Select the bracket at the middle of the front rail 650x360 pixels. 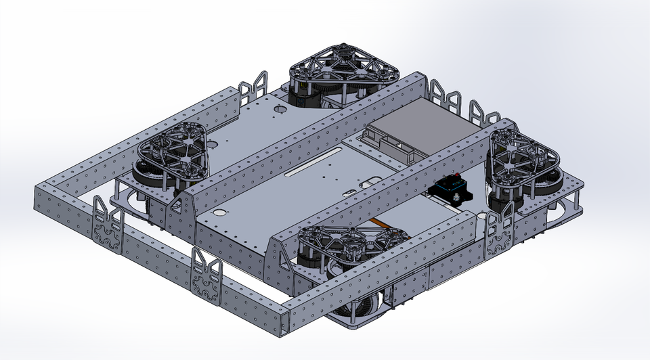[205, 277]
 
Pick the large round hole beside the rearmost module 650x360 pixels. [279, 108]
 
